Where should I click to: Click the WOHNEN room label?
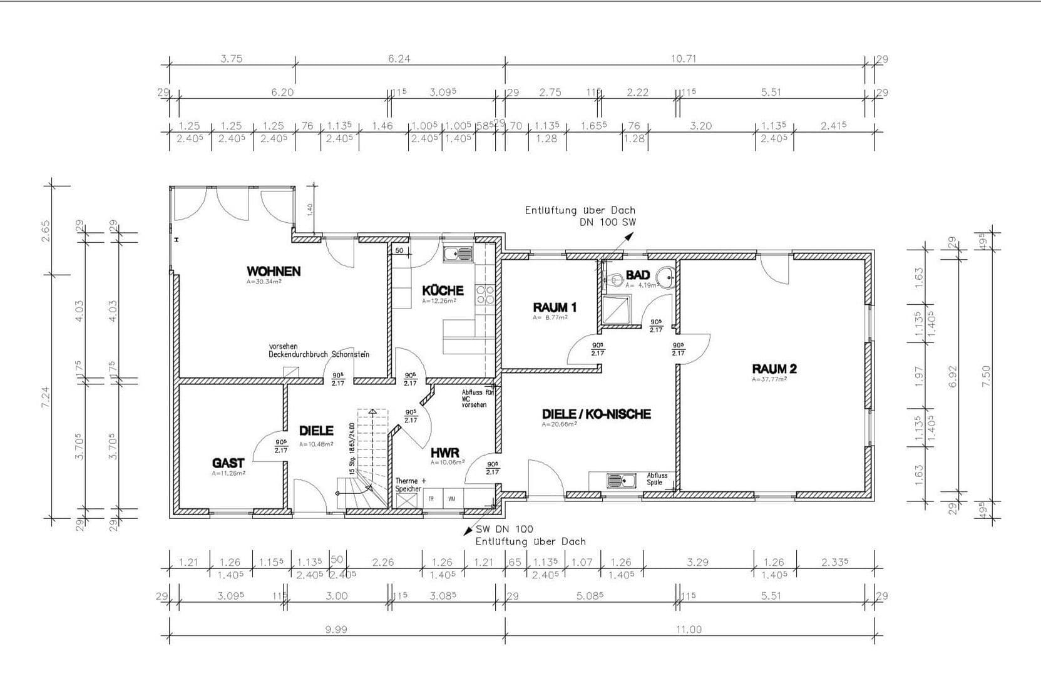click(273, 272)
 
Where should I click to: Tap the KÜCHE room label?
click(443, 290)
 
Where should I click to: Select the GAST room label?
click(228, 463)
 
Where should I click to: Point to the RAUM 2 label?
click(774, 369)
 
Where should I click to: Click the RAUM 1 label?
click(554, 307)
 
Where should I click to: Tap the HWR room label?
click(444, 453)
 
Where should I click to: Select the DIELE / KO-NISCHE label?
click(596, 414)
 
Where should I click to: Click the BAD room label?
click(637, 275)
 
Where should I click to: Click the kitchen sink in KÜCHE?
click(458, 253)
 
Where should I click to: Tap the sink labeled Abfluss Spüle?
click(620, 481)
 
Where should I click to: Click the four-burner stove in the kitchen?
click(486, 295)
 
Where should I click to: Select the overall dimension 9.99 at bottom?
click(336, 630)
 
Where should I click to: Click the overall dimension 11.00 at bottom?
click(689, 630)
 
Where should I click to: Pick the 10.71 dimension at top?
click(684, 59)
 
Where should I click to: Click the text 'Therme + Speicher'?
click(410, 484)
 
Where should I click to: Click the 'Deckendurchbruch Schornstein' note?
click(319, 354)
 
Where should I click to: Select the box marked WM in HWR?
click(452, 499)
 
